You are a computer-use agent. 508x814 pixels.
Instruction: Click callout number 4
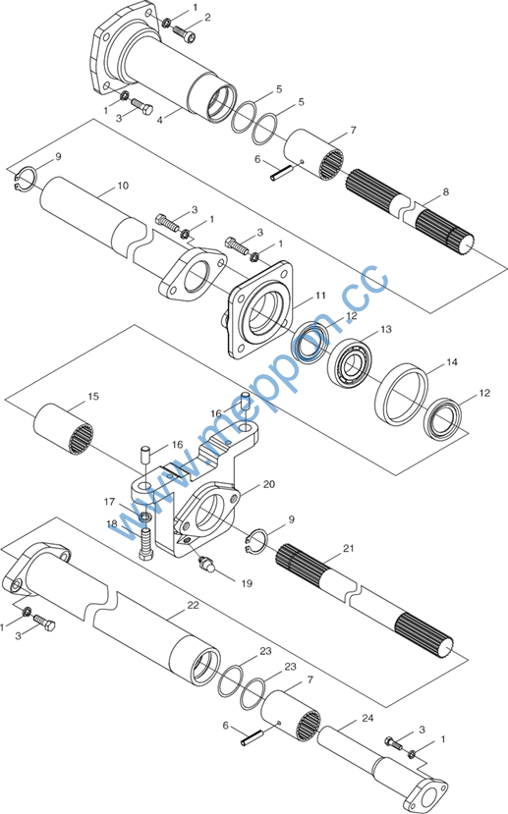160,121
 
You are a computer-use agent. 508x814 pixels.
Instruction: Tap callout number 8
446,192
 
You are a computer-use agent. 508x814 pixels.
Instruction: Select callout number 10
123,186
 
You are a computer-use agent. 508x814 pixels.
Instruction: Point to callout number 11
321,296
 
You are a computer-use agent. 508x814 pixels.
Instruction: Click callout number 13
386,329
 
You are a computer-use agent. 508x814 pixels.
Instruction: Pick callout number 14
452,362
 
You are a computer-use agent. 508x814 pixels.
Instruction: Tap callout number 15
93,396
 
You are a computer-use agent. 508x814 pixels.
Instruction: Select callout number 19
247,583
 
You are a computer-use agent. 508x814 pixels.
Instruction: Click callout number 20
269,484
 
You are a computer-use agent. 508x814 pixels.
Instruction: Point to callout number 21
348,548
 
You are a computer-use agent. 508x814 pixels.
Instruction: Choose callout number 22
193,605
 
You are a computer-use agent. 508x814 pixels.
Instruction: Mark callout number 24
367,718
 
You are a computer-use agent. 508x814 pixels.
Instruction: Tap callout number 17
109,502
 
